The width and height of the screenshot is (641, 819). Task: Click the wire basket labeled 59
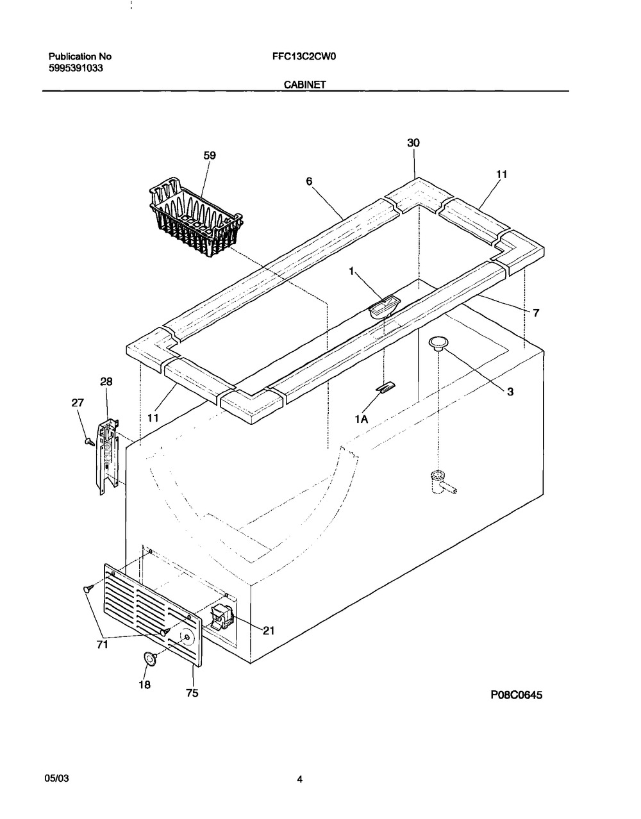pos(196,218)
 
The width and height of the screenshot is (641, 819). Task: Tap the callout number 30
pos(413,143)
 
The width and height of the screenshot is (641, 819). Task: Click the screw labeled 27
pos(90,442)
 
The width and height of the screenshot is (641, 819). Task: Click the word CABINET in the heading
pos(304,85)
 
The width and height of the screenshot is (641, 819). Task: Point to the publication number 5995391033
pos(76,68)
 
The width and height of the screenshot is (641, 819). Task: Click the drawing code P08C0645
pos(516,695)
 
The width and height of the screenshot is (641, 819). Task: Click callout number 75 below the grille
pos(192,693)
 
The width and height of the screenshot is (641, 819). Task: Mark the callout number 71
pos(103,645)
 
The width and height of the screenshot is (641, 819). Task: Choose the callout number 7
pos(536,313)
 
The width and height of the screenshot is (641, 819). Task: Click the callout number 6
pos(309,181)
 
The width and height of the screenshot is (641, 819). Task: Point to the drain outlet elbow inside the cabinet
pos(443,482)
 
